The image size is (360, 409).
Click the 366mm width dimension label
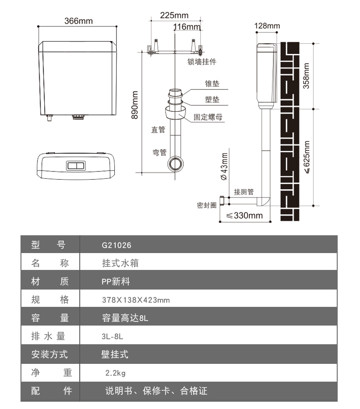point(78,21)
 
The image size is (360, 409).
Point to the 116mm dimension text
point(187,27)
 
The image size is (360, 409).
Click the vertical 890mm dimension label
point(135,105)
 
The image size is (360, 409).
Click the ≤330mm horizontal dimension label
point(245,216)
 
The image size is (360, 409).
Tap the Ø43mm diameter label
point(224,166)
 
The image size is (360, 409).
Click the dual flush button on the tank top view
point(76,166)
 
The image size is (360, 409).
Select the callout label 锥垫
point(212,84)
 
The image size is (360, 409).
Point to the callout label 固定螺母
point(208,117)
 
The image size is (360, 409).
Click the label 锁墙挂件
point(202,62)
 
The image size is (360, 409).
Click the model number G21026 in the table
point(117,245)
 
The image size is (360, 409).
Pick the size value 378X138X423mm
point(129,300)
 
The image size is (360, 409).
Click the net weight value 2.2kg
point(115,373)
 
